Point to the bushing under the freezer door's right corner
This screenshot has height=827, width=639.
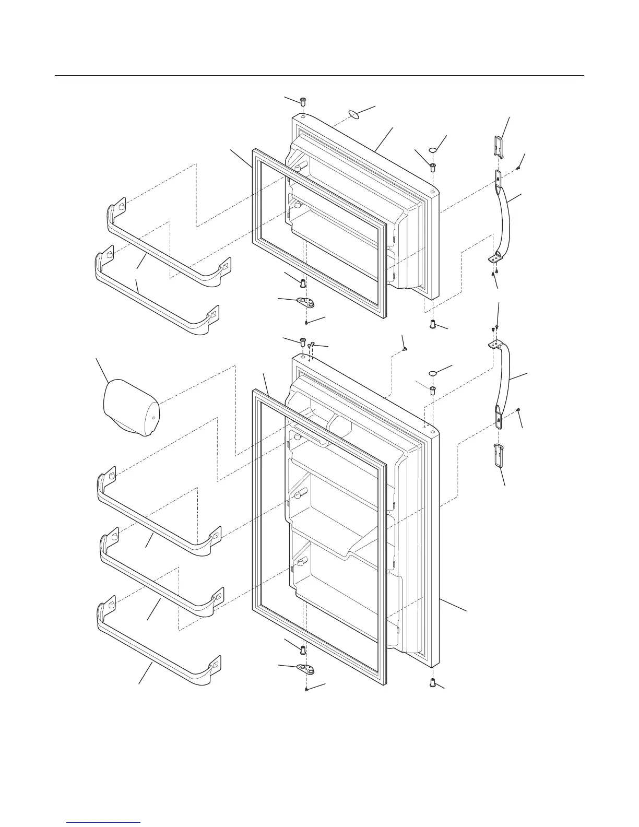[x=433, y=324]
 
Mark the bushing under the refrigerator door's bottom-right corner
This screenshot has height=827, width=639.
[x=433, y=682]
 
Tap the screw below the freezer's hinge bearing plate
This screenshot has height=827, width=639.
[x=307, y=323]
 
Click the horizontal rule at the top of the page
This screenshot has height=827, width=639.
[x=319, y=76]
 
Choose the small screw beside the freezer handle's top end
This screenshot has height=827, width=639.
[x=517, y=168]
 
